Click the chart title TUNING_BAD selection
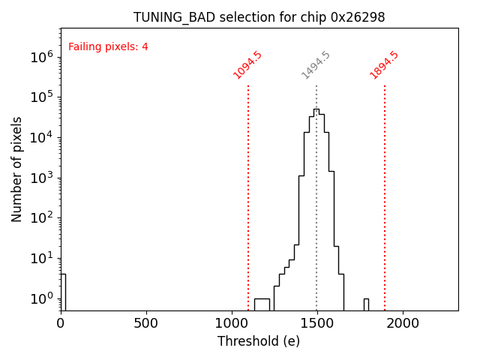coord(259,17)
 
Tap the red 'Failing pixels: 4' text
coord(108,47)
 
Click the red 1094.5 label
coord(247,65)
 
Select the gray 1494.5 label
coord(316,65)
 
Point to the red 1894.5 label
coord(384,65)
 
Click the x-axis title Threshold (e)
coord(259,341)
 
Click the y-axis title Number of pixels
coord(16,169)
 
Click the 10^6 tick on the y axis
coord(41,56)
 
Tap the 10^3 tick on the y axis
coord(41,178)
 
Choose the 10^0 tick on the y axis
coord(41,298)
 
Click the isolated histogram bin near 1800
coord(366,304)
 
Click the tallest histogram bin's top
coord(316,109)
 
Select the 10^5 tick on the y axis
coord(41,97)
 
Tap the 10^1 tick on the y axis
coord(41,258)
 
